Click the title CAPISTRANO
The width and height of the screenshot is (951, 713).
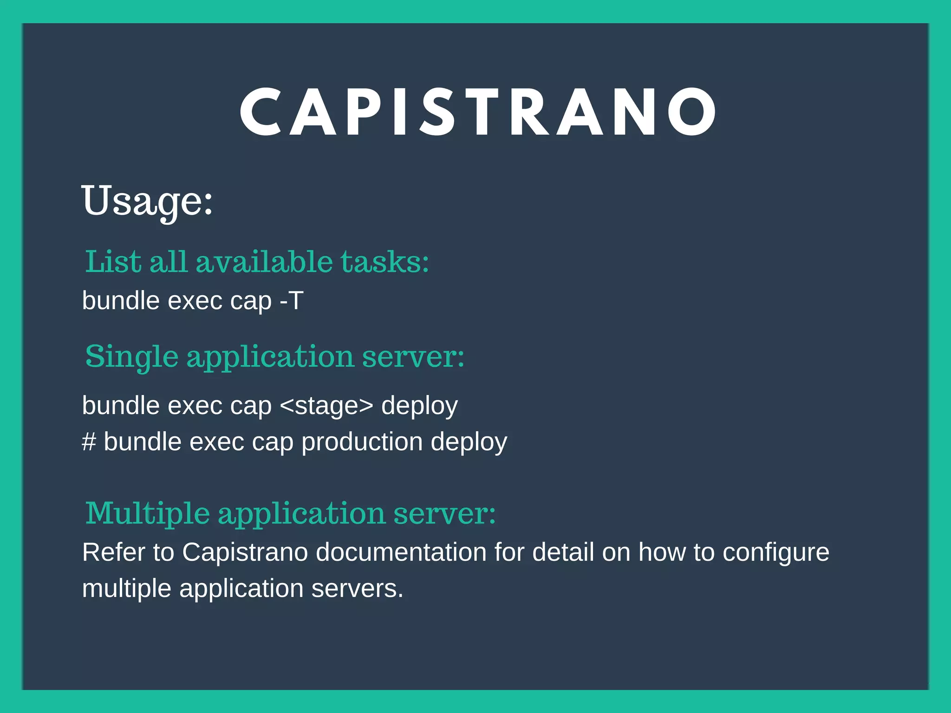pos(478,113)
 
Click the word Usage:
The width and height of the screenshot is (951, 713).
pos(147,201)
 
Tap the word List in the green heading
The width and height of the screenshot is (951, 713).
pos(113,262)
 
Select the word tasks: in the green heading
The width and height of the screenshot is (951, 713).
pos(385,262)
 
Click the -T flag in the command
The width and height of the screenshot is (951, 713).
pos(292,301)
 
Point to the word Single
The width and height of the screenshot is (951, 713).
pos(131,357)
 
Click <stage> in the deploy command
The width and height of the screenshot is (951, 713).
pos(326,406)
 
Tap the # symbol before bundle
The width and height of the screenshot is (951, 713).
pos(89,442)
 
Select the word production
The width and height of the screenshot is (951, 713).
pos(362,442)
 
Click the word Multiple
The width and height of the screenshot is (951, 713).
pos(148,514)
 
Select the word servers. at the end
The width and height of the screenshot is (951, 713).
pos(357,589)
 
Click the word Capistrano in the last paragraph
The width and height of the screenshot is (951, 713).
pos(245,552)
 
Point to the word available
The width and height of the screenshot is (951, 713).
pos(264,262)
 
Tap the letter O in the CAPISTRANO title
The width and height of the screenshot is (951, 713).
pos(691,113)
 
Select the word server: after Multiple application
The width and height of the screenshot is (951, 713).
pos(444,514)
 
